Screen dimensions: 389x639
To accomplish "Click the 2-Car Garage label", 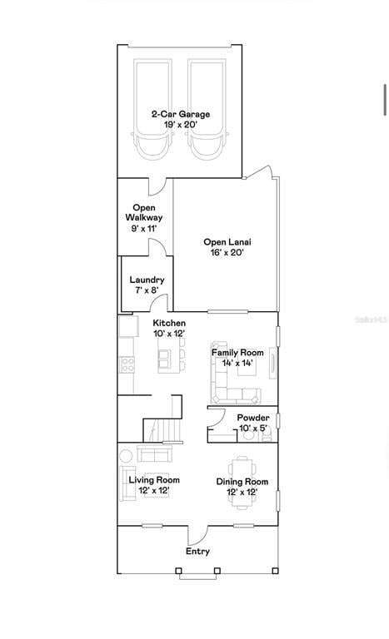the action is (181, 114).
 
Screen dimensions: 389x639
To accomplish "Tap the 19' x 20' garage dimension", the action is (181, 125).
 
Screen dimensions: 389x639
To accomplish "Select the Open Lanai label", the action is (227, 242).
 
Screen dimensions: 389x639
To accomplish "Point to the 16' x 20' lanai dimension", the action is (227, 253).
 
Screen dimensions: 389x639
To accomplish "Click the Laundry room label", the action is (147, 280).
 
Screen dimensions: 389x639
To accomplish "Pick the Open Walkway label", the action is (144, 213).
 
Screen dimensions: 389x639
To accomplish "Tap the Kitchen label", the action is (169, 323).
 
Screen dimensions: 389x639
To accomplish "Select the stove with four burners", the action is (127, 364).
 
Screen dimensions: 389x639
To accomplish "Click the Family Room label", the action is (237, 353).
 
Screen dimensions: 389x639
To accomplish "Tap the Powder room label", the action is (253, 419).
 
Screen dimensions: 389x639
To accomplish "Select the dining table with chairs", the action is (242, 483).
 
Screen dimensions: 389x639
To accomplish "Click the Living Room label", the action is (154, 480).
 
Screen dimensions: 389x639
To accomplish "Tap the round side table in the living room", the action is (126, 455).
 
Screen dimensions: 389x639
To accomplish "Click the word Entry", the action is (198, 552).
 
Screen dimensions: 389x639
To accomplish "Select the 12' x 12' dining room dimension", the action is (242, 493).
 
